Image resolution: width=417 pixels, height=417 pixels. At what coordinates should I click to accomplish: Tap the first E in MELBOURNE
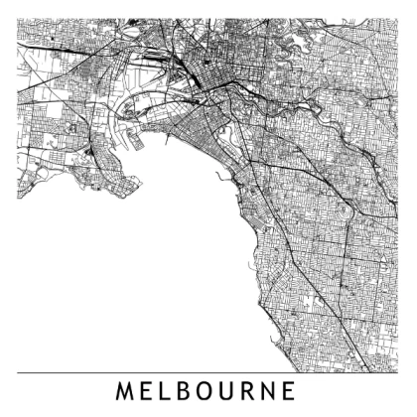coord(147,391)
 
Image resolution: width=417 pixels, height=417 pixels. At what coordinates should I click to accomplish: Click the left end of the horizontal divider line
coord(18,372)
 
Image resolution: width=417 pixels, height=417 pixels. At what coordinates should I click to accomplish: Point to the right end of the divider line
coord(399,372)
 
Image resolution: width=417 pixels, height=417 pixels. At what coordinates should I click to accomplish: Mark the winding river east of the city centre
coord(298,99)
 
